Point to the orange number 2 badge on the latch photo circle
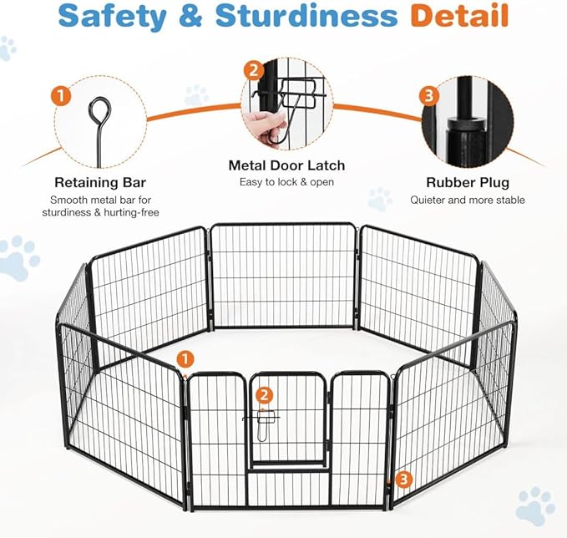[x=253, y=70]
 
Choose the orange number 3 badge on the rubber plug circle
[x=429, y=95]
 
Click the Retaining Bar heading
[x=100, y=182]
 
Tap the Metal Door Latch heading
[x=287, y=165]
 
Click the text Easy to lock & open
[x=287, y=183]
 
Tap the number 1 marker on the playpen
[x=185, y=359]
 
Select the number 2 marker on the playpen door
[x=264, y=395]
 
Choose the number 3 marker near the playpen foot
[x=403, y=479]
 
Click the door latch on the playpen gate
[x=261, y=419]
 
